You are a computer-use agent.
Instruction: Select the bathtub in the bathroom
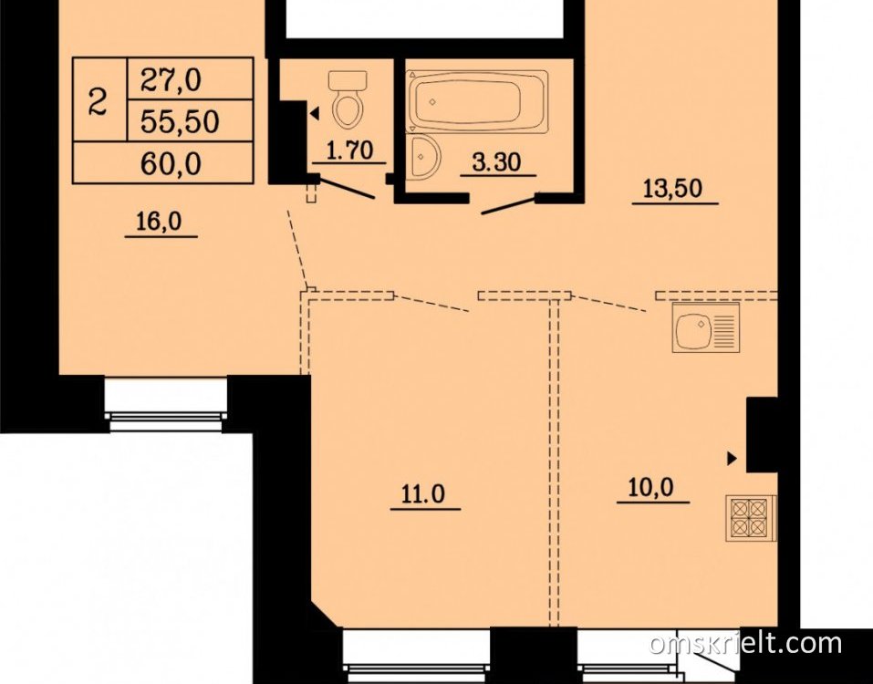(x=477, y=100)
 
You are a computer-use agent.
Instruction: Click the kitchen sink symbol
(x=706, y=327)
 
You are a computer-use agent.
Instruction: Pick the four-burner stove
(x=751, y=518)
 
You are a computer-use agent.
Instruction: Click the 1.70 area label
(x=349, y=150)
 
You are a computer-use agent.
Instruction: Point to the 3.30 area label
(x=496, y=162)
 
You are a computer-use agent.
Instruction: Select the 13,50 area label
(x=672, y=189)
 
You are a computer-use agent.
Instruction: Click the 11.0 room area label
(x=423, y=493)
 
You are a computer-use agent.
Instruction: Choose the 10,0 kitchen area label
(x=650, y=488)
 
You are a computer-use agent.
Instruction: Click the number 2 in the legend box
(x=98, y=102)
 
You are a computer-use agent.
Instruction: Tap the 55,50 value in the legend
(x=180, y=122)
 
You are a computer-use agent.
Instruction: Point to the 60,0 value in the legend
(x=171, y=164)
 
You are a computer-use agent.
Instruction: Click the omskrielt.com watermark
(x=745, y=643)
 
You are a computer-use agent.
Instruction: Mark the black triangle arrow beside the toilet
(x=315, y=115)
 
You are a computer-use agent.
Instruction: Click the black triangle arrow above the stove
(x=732, y=459)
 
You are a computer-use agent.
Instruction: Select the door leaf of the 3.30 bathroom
(x=510, y=204)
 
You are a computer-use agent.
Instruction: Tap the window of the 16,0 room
(x=166, y=405)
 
